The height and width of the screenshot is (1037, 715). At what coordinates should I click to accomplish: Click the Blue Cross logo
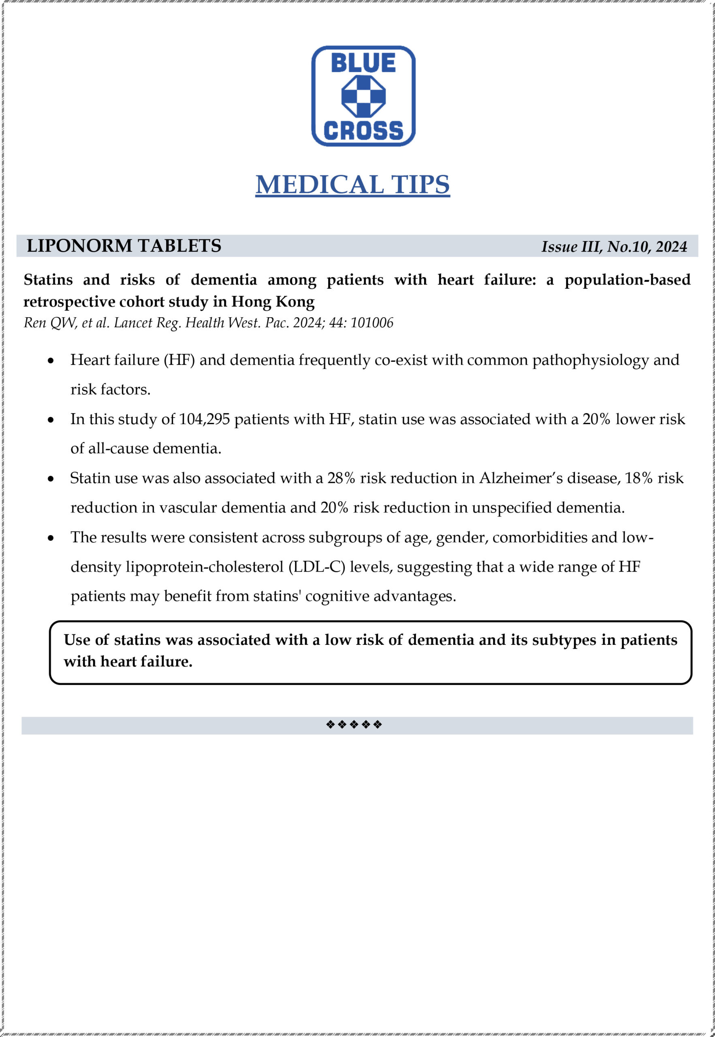click(363, 96)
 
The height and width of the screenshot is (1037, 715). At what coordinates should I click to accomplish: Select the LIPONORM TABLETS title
click(124, 246)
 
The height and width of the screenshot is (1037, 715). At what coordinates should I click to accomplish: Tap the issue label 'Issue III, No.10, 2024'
click(614, 247)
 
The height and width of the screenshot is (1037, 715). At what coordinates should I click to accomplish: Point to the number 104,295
click(204, 419)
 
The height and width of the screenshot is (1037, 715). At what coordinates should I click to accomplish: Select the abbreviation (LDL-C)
click(317, 567)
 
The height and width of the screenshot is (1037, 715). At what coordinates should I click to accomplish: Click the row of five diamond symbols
click(354, 724)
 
